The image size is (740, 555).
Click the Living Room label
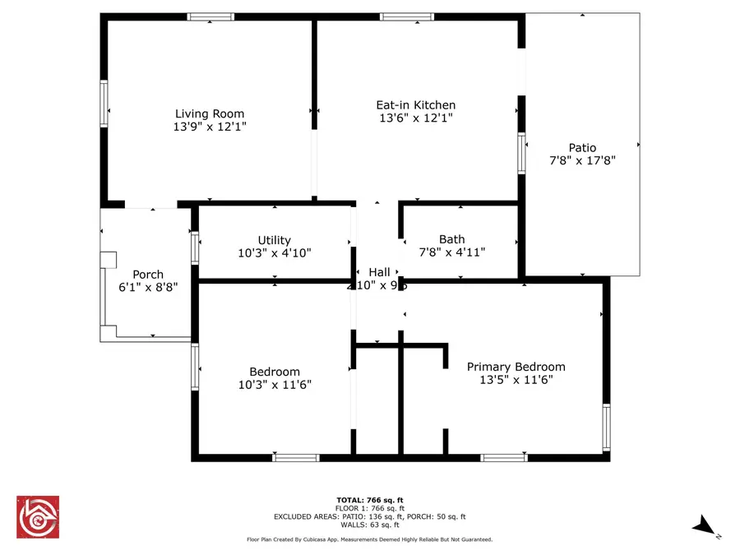210,114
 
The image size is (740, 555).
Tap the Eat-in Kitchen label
415,105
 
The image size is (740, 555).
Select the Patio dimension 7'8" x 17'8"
582,161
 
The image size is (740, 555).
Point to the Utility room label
274,240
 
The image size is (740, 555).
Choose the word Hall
379,272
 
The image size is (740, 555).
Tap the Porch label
148,275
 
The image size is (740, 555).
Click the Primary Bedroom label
516,367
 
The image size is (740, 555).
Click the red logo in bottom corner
38,516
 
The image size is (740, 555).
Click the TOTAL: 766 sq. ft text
370,500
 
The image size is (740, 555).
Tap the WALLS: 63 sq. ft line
370,525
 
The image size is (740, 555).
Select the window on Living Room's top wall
210,16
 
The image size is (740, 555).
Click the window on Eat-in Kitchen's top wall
407,16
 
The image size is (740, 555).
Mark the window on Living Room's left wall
104,103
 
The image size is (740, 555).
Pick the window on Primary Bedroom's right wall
606,427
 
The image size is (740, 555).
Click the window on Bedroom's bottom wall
295,457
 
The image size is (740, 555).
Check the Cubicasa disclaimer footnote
370,539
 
